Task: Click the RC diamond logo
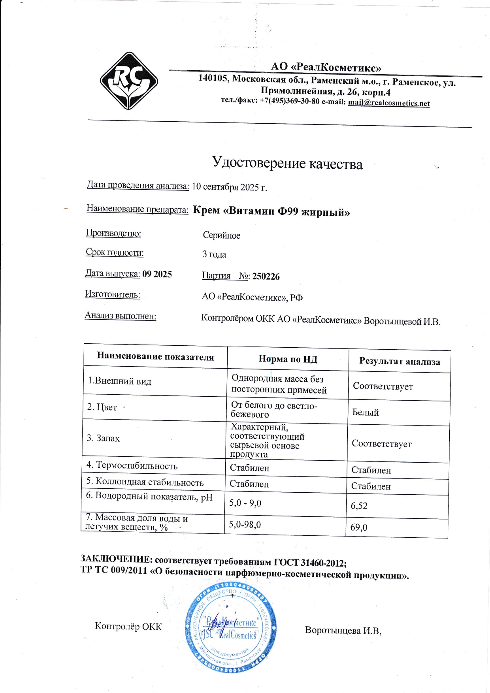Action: coord(129,81)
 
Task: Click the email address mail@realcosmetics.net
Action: coord(388,103)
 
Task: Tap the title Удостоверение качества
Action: coord(287,163)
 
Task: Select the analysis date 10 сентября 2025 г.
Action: coord(230,187)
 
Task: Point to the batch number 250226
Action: coord(266,277)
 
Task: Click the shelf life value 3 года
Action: coord(214,254)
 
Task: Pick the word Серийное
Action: coord(221,235)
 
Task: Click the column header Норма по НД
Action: coord(288,359)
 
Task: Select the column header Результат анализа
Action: coord(399,362)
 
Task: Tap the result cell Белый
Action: coord(365,412)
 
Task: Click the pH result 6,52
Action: coord(359,506)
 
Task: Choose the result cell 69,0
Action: coord(358,527)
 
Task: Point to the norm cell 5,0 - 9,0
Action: coord(245,503)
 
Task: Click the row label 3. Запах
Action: coord(103,438)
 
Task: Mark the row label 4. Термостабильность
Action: coord(132,465)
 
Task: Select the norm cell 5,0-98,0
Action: coord(245,525)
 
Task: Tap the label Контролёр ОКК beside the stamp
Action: coord(128,626)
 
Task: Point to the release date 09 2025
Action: coord(157,274)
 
